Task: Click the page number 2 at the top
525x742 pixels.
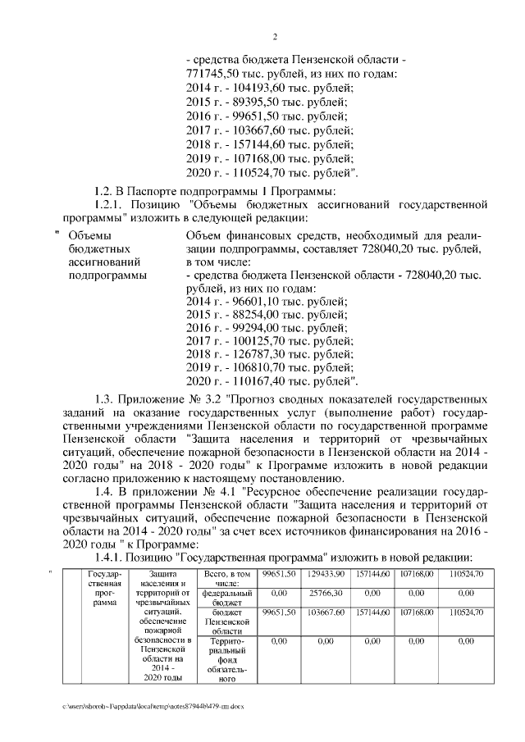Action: tap(276, 36)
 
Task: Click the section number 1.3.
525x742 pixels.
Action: tap(106, 398)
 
